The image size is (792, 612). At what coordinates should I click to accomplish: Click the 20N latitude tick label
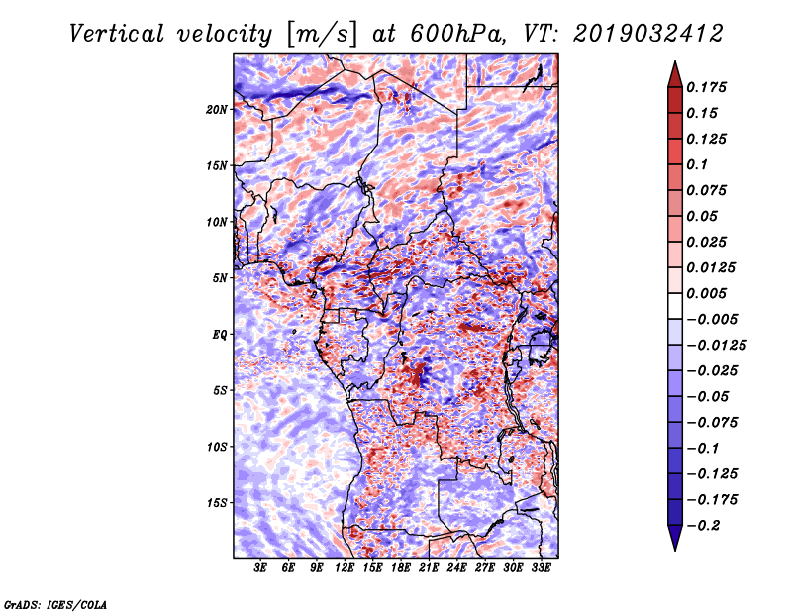[x=217, y=110]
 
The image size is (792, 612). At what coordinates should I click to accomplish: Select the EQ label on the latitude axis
[x=219, y=335]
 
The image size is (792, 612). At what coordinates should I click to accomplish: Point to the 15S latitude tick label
[x=217, y=503]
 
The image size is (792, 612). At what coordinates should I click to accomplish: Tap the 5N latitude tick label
[x=220, y=278]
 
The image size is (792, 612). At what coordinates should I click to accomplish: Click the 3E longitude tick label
[x=260, y=567]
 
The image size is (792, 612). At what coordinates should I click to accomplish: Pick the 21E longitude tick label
[x=429, y=567]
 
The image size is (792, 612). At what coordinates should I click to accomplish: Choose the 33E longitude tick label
[x=541, y=567]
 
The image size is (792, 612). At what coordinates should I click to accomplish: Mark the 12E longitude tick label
[x=345, y=567]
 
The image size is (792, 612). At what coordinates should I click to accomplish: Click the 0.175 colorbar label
[x=706, y=87]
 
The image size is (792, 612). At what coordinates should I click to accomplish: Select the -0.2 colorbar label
[x=703, y=526]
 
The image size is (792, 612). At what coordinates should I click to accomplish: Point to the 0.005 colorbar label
[x=706, y=293]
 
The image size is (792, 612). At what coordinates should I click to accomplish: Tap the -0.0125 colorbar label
[x=716, y=346]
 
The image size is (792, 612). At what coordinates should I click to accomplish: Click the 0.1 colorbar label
[x=697, y=164]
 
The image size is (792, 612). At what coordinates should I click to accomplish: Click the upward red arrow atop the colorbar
[x=675, y=74]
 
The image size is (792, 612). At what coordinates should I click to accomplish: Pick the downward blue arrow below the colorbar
[x=675, y=538]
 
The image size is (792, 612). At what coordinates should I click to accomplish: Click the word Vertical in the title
[x=117, y=34]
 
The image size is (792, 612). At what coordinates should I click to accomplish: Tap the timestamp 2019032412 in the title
[x=648, y=34]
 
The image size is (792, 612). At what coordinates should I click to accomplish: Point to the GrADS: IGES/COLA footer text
[x=55, y=604]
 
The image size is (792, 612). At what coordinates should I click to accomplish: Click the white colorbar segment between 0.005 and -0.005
[x=675, y=306]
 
